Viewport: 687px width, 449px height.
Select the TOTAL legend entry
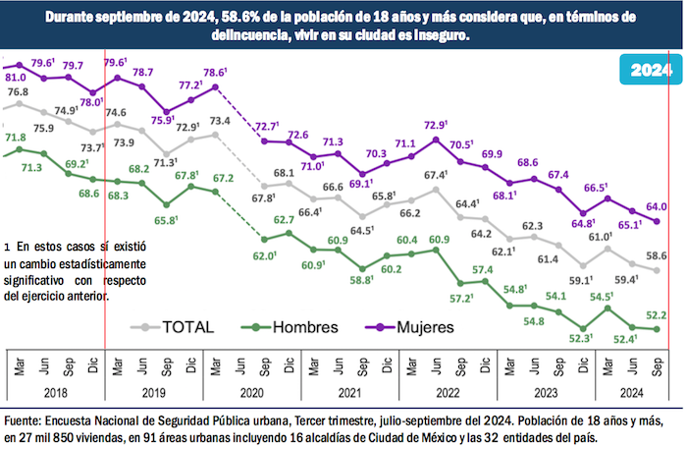point(187,326)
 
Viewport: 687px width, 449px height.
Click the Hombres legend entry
point(294,326)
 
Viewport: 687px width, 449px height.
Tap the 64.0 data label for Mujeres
point(657,206)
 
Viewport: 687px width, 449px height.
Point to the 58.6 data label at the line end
point(657,255)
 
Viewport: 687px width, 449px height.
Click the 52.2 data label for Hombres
point(657,314)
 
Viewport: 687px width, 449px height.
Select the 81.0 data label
point(17,76)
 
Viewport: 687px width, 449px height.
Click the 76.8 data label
point(18,92)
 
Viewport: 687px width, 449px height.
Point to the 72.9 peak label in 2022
point(435,126)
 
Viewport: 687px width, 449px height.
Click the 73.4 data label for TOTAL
point(220,122)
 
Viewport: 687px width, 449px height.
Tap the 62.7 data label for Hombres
point(286,220)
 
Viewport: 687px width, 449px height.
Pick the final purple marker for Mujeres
point(657,222)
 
